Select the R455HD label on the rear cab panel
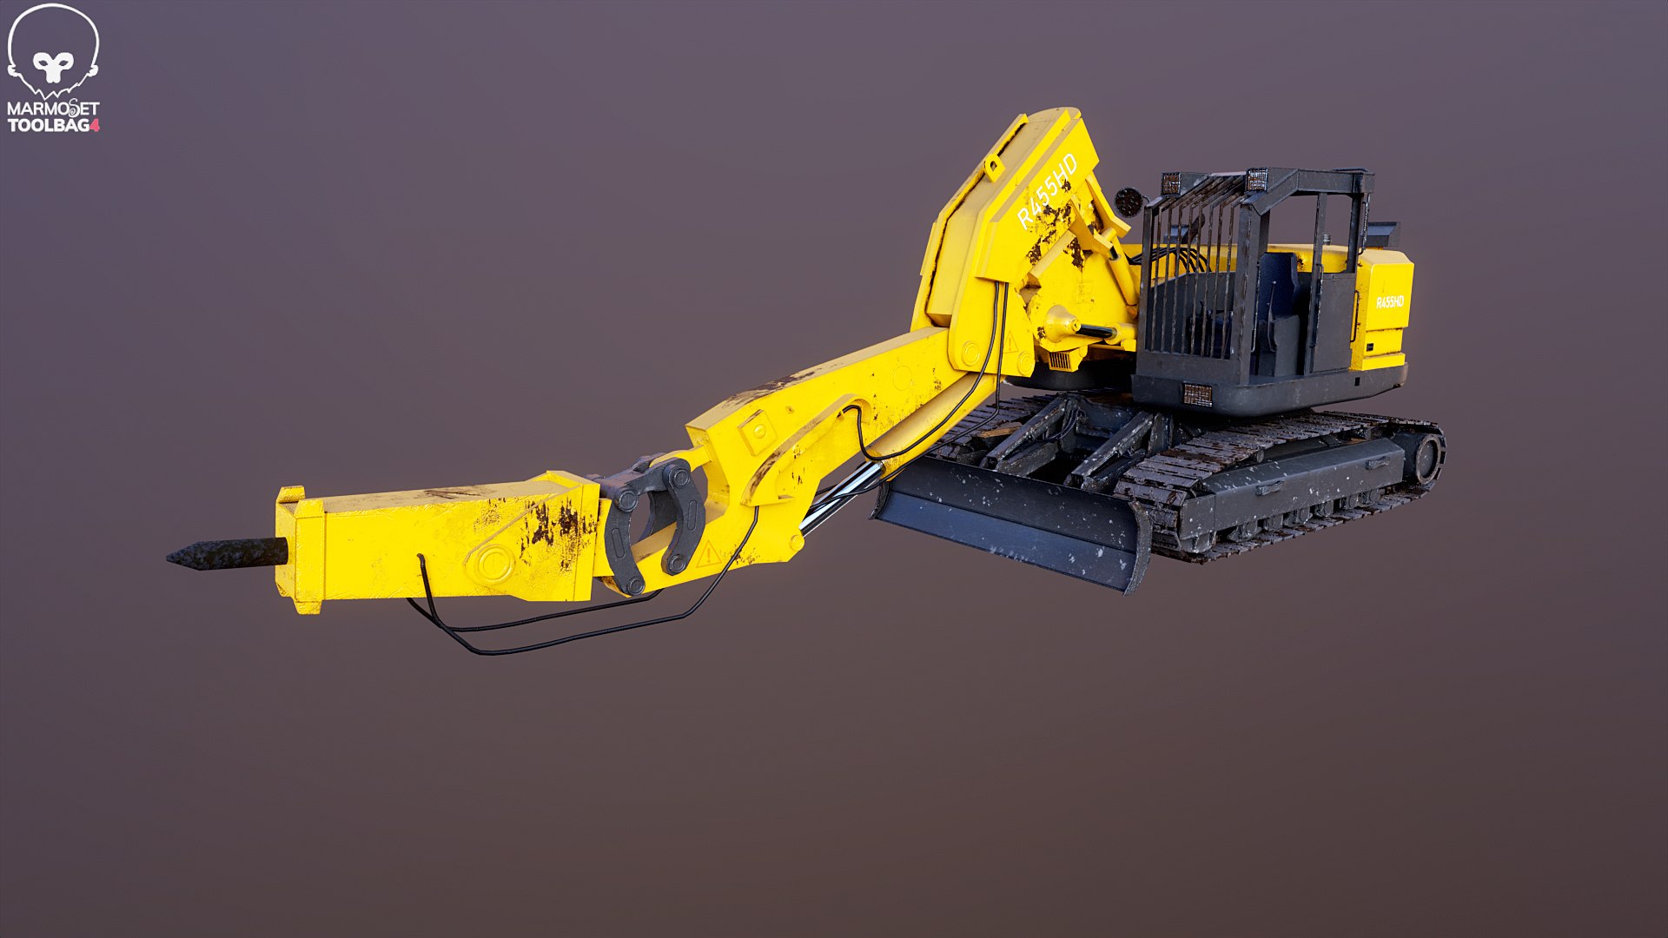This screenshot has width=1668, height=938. point(1389,302)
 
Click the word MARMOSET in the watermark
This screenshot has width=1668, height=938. point(53,109)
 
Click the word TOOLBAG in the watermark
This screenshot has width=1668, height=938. point(48,125)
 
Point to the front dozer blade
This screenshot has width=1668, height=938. point(1008,521)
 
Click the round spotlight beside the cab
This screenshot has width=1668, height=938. point(1129,201)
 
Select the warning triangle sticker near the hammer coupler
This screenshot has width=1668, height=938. point(708,552)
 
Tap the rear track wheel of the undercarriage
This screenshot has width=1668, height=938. point(1426,458)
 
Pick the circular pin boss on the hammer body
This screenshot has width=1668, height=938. point(491,562)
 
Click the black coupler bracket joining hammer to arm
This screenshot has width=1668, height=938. point(652,521)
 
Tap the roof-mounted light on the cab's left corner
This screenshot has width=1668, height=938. point(1170,183)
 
